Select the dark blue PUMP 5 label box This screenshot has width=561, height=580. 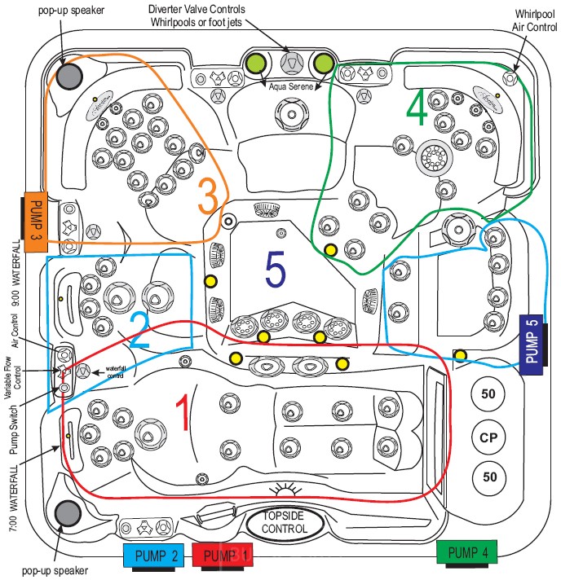[532, 341]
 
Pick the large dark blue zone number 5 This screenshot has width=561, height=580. [276, 270]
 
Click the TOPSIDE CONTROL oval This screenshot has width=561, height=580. [284, 522]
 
